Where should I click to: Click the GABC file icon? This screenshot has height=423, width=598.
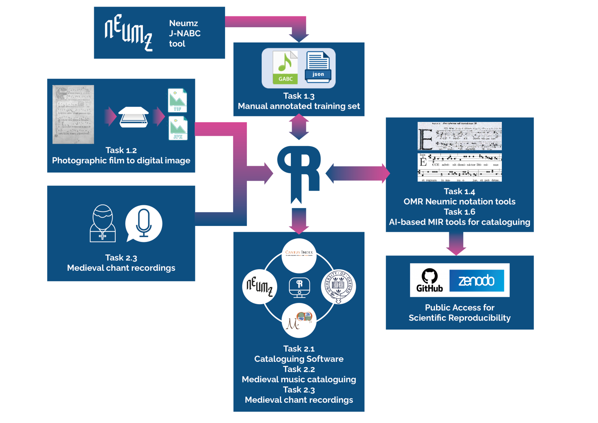285,68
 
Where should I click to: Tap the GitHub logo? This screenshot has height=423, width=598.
429,280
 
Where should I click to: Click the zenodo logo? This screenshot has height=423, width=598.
477,280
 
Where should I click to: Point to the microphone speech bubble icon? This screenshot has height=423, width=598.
143,224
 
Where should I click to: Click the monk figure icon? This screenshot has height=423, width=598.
102,224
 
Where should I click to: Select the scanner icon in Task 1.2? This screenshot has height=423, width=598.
133,117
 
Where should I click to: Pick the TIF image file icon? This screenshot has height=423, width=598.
177,100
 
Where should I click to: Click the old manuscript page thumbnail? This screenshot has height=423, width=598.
73,115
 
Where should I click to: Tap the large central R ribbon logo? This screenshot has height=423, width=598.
299,171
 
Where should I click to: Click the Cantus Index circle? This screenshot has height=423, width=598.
299,256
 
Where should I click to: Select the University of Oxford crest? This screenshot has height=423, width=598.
338,287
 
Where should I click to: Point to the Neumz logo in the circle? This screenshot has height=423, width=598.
260,287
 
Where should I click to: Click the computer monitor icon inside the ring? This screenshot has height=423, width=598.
299,287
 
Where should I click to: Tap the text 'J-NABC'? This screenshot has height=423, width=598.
185,33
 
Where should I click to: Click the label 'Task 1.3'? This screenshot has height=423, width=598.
299,96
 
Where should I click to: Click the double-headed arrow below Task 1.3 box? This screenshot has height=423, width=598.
299,127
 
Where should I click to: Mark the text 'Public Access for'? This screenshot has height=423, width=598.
459,307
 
